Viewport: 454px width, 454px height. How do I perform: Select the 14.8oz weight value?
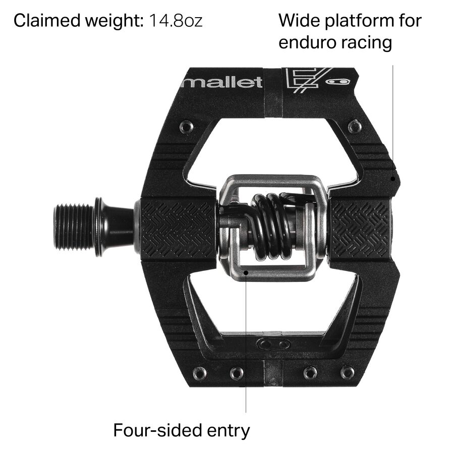coord(176,21)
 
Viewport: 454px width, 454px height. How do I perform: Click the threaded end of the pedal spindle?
coord(73,227)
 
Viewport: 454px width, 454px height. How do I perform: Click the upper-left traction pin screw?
coord(187,127)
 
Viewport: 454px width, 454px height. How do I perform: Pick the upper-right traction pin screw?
coord(355,126)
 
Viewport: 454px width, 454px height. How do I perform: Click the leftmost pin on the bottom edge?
coord(200,373)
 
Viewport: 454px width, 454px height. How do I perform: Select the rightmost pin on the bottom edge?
coord(347,373)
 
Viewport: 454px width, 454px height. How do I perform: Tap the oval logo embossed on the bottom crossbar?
coord(273,345)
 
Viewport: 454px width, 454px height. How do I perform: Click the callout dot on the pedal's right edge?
coord(393,178)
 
